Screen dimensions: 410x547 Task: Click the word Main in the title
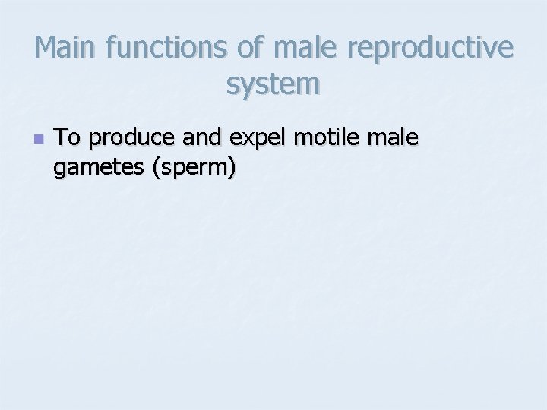click(67, 48)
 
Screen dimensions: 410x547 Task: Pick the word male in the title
click(303, 48)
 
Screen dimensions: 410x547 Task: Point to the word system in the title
click(273, 84)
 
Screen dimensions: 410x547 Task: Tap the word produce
click(125, 140)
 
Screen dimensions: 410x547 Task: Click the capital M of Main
click(46, 48)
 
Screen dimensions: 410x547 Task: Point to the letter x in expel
click(244, 139)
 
